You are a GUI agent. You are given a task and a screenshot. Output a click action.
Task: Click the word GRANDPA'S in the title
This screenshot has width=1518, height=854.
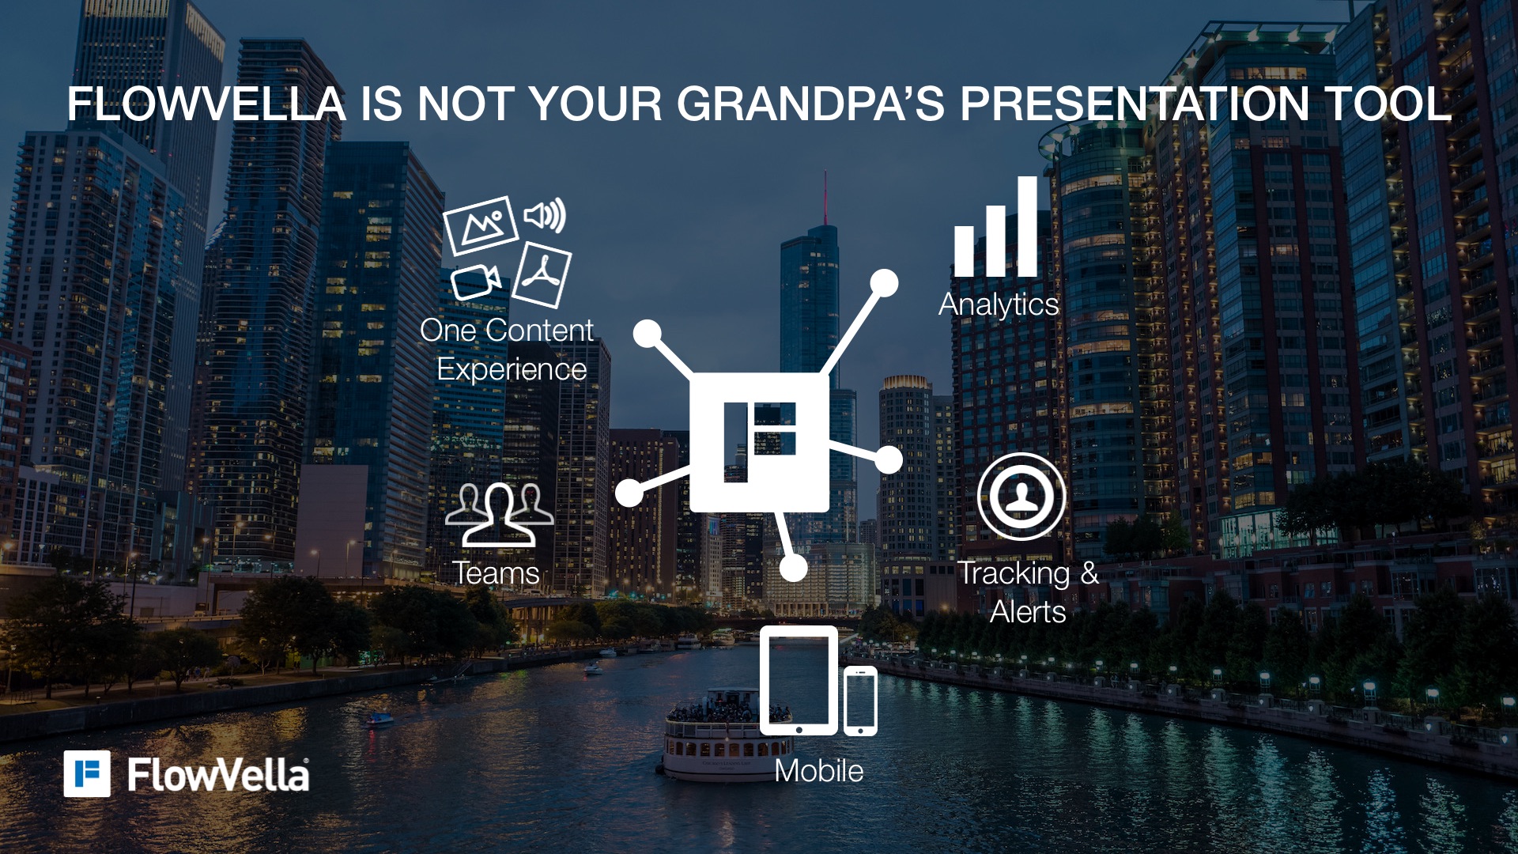coord(810,104)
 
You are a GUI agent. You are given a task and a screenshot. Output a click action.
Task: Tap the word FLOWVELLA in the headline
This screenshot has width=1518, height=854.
coord(206,104)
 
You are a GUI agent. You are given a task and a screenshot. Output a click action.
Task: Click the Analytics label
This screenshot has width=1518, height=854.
coord(999,305)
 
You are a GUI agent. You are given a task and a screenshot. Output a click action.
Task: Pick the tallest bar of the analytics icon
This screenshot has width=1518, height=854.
coord(1027,226)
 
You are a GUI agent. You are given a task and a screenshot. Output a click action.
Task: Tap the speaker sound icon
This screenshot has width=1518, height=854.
coord(545,215)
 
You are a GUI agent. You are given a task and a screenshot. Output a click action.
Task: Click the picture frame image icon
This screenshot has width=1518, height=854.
coord(481,225)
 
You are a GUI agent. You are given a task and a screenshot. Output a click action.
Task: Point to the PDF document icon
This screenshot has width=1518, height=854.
coord(542,275)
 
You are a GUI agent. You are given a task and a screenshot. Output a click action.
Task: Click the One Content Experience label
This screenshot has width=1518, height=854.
coord(508,350)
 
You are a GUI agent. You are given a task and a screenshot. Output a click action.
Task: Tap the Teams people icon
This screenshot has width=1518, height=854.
coord(499,515)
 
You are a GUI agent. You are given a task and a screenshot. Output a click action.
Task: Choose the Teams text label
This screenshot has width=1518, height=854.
coord(496,573)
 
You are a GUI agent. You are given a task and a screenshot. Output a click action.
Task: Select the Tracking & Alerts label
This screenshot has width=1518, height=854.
coord(1029,592)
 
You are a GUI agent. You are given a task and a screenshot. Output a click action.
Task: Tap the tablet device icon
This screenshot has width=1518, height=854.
coord(799,681)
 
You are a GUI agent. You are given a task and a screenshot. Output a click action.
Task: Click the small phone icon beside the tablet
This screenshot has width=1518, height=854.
coord(860,701)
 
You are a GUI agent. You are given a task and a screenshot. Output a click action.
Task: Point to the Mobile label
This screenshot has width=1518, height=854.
coord(819,771)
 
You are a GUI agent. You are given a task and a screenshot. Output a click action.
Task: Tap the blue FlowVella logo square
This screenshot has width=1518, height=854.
coord(87,774)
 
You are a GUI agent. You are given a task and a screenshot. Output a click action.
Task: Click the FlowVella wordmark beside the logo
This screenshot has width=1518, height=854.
coord(218,775)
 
